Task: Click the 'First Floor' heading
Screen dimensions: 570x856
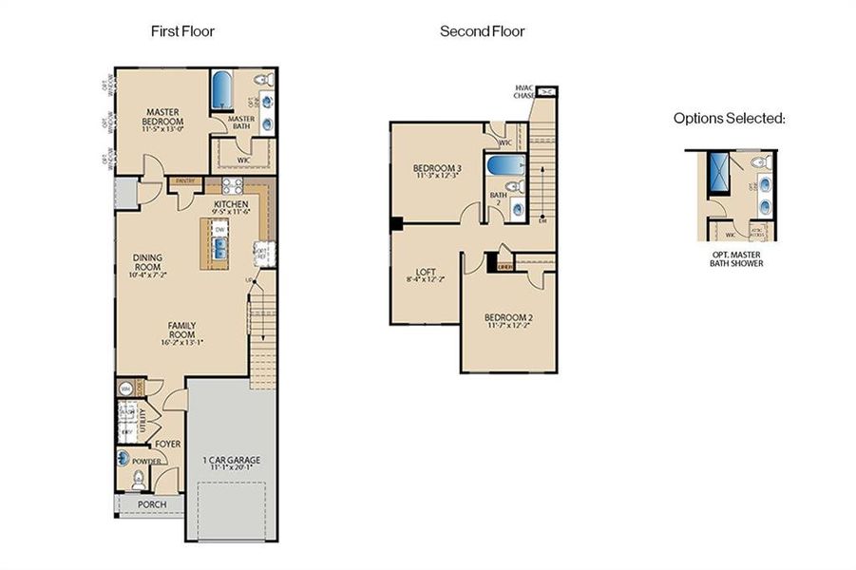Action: (183, 31)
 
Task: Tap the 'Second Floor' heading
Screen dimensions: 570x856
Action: (482, 31)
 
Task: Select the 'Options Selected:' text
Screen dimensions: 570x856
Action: (729, 119)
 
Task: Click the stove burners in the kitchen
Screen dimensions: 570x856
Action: (232, 186)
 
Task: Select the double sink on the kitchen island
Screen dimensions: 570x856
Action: (220, 248)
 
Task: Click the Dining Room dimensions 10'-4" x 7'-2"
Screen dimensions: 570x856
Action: (147, 275)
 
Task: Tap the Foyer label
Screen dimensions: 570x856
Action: (168, 444)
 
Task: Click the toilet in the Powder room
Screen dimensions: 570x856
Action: (140, 479)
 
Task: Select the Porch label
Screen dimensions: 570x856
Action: (152, 503)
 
